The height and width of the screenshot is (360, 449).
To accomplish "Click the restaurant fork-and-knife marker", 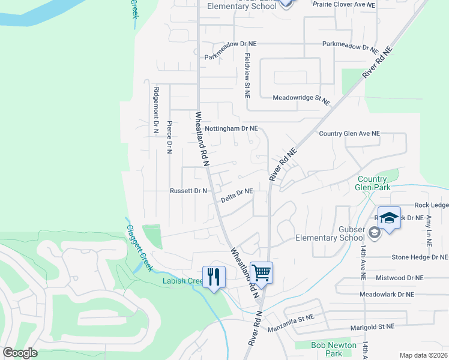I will coord(214,277).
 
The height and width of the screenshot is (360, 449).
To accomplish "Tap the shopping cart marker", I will coord(261,273).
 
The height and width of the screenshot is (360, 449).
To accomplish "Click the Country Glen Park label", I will coord(372,183).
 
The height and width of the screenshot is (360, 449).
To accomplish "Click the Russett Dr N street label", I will coord(188,191).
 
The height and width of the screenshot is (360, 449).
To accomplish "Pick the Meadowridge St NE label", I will coord(301,99).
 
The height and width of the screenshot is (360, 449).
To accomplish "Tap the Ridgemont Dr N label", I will coord(155,110).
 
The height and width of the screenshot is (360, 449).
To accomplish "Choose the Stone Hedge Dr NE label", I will coord(420,257).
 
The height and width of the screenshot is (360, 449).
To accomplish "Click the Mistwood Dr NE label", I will coord(399,278).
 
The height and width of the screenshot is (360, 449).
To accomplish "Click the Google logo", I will coord(20,353).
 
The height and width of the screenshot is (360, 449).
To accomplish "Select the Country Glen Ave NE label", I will coord(350,133).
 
